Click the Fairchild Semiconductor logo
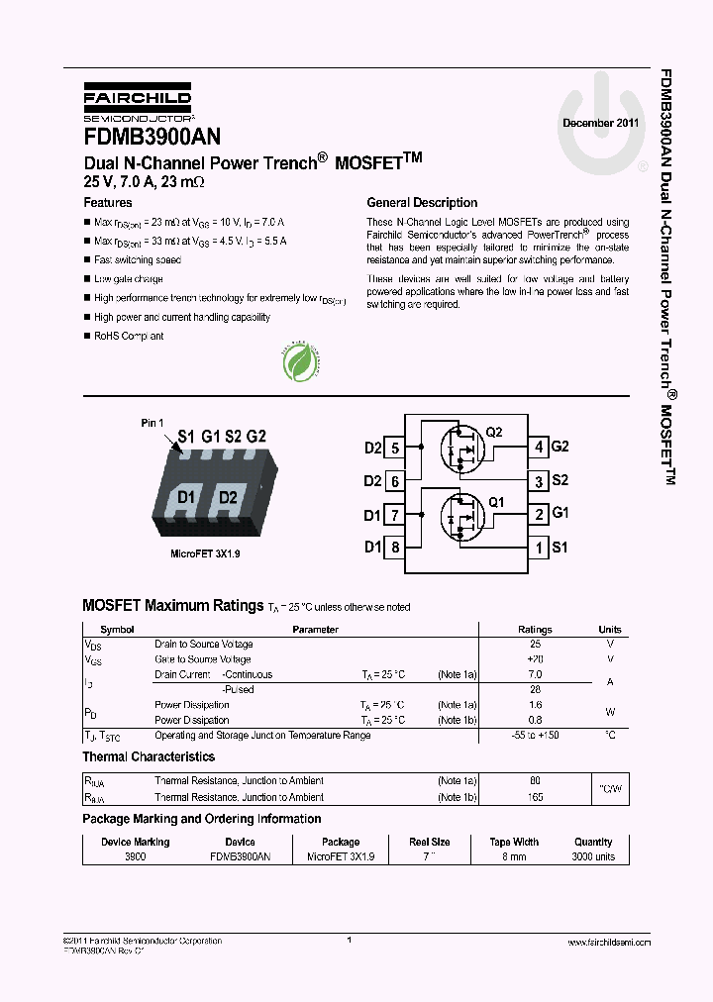point(138,102)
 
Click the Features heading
point(107,202)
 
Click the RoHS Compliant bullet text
point(129,336)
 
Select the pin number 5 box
point(394,448)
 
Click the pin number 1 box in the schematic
point(538,547)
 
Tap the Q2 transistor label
point(494,433)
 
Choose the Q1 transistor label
point(496,502)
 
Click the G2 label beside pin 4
point(560,447)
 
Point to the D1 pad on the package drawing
point(185,497)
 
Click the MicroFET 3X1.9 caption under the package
point(205,553)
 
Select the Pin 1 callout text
point(153,423)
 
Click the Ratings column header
point(536,630)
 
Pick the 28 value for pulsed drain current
point(536,689)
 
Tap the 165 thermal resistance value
point(536,797)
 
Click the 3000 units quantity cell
point(593,856)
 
